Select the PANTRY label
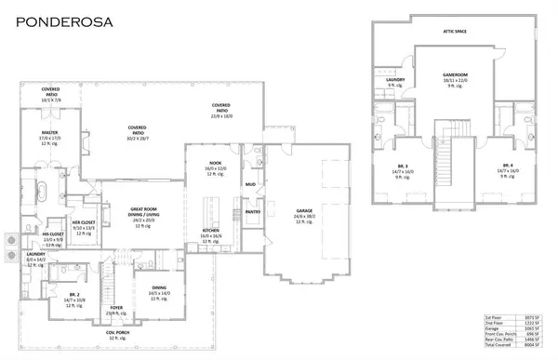pyautogui.click(x=252, y=211)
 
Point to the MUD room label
pyautogui.click(x=250, y=184)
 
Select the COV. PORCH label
pyautogui.click(x=117, y=332)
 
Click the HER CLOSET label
pyautogui.click(x=84, y=222)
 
